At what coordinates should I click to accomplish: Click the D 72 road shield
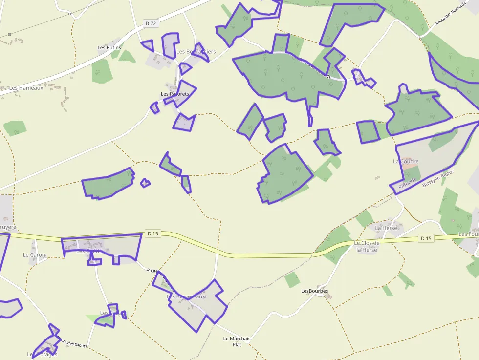click(151, 23)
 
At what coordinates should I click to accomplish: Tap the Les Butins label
click(109, 48)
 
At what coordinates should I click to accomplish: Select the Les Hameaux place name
click(26, 88)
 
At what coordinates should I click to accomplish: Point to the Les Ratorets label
click(175, 94)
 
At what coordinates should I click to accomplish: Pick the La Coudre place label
click(406, 161)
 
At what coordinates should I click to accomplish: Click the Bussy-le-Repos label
click(438, 178)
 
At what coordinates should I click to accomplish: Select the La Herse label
click(386, 228)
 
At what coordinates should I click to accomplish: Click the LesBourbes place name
click(314, 291)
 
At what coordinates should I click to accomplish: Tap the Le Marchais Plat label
click(237, 341)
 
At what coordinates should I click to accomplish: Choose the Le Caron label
click(34, 255)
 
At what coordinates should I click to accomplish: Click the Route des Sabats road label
click(72, 343)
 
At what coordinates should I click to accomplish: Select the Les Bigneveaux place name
click(186, 296)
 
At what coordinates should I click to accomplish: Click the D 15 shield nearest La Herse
click(426, 238)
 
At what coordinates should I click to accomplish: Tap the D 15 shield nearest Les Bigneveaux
click(153, 234)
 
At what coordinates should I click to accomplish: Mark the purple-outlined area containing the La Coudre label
click(430, 156)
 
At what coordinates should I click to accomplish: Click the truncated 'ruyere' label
click(8, 228)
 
